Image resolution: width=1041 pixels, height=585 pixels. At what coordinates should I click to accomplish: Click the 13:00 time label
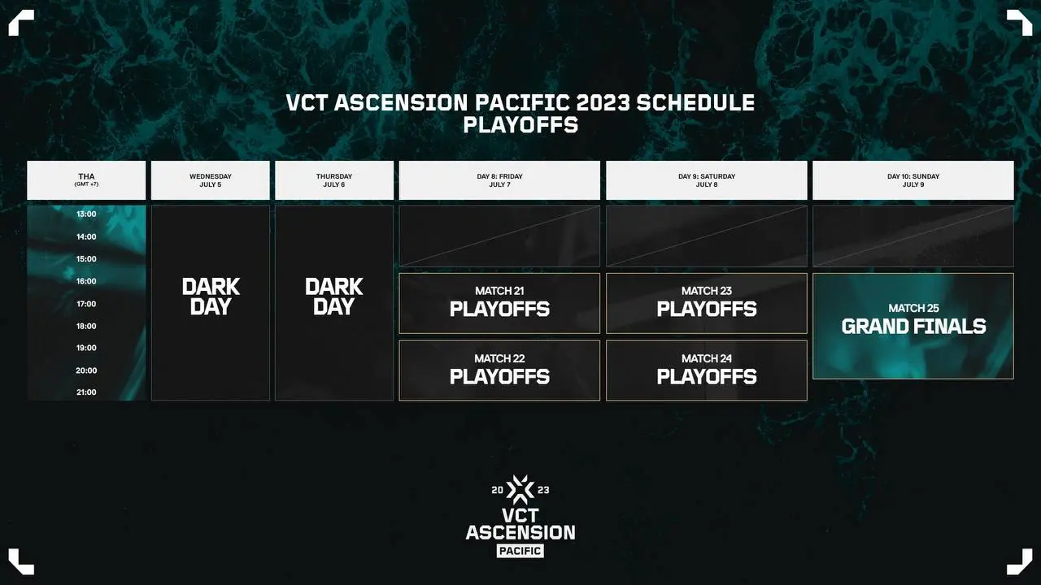pyautogui.click(x=86, y=214)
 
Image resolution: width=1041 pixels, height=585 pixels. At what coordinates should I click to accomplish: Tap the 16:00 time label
pyautogui.click(x=86, y=281)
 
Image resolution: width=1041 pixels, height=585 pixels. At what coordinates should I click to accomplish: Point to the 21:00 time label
pyautogui.click(x=86, y=392)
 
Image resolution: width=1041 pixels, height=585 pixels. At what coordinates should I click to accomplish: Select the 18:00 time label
pyautogui.click(x=86, y=326)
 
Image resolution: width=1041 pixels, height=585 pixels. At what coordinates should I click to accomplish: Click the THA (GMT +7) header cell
pyautogui.click(x=86, y=180)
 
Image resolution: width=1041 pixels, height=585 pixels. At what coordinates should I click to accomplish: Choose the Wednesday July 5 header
pyautogui.click(x=211, y=180)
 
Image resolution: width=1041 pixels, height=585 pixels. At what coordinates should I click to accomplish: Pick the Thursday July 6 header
pyautogui.click(x=334, y=180)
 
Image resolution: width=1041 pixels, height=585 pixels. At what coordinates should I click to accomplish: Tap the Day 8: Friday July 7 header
pyautogui.click(x=499, y=180)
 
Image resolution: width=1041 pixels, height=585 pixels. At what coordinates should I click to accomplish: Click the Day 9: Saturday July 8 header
pyautogui.click(x=707, y=180)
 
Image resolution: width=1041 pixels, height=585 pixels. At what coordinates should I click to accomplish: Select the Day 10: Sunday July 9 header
pyautogui.click(x=913, y=180)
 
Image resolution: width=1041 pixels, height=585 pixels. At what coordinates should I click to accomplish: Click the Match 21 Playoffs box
pyautogui.click(x=499, y=303)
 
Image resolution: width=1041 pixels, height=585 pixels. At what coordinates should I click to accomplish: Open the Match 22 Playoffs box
pyautogui.click(x=499, y=370)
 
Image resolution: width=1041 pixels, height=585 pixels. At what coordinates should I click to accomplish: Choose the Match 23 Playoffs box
pyautogui.click(x=707, y=303)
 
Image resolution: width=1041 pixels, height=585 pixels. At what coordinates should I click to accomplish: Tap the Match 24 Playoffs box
pyautogui.click(x=707, y=370)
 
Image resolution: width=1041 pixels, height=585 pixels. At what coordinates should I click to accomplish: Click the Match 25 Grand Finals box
pyautogui.click(x=913, y=326)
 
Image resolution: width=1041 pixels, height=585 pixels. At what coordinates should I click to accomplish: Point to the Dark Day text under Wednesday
pyautogui.click(x=211, y=297)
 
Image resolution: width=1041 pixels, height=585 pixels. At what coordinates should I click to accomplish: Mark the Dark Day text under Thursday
pyautogui.click(x=334, y=297)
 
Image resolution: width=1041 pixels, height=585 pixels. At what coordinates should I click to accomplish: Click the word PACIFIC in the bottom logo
pyautogui.click(x=520, y=551)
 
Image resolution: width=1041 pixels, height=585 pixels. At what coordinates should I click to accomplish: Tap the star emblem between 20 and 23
pyautogui.click(x=520, y=490)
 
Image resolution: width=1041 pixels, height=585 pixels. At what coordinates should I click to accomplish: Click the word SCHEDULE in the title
pyautogui.click(x=695, y=102)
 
